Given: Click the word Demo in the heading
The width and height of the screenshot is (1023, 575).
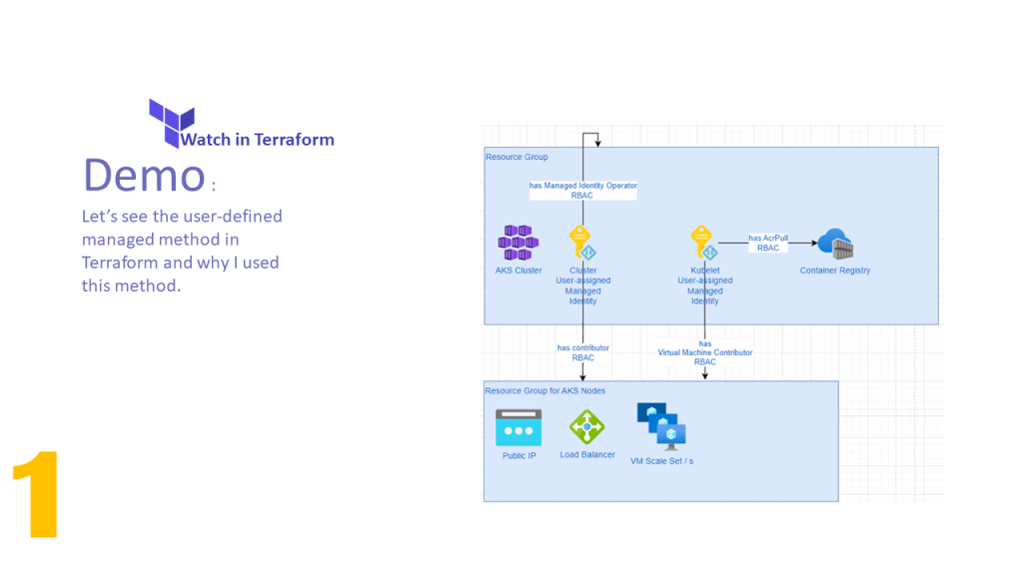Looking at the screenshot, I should pyautogui.click(x=143, y=175).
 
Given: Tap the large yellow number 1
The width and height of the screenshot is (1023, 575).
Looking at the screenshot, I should pyautogui.click(x=37, y=495).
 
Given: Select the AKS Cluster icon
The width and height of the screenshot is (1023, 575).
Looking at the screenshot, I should pyautogui.click(x=518, y=243).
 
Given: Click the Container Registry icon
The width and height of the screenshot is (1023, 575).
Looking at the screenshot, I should pyautogui.click(x=835, y=244).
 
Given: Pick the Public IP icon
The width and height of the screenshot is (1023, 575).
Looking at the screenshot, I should pyautogui.click(x=518, y=428).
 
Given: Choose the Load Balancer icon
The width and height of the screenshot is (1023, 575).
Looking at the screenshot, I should pyautogui.click(x=586, y=427).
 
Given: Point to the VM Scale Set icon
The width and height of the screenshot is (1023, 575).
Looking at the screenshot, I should pyautogui.click(x=661, y=427).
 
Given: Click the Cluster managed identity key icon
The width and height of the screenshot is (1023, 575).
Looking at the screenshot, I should pyautogui.click(x=582, y=244).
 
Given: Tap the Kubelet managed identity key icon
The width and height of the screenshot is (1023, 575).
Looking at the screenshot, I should pyautogui.click(x=704, y=244).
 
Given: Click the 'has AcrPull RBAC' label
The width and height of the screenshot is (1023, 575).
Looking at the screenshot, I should pyautogui.click(x=768, y=243).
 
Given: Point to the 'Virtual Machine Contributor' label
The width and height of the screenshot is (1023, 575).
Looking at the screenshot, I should pyautogui.click(x=705, y=352).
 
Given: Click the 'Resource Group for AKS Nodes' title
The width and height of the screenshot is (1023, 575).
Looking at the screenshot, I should pyautogui.click(x=545, y=390).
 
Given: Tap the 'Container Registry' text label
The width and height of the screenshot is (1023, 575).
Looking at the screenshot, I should pyautogui.click(x=835, y=271).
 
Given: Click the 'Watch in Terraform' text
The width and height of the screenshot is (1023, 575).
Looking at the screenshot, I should pyautogui.click(x=257, y=140).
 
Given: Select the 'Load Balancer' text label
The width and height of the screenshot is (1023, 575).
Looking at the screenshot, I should pyautogui.click(x=587, y=455).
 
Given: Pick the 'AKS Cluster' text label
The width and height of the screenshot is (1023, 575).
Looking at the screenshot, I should pyautogui.click(x=518, y=271).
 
